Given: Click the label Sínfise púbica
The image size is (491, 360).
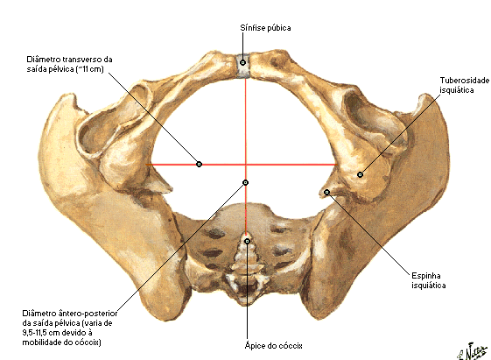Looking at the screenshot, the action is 265,28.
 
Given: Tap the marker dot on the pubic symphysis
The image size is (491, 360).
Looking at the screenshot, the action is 242,63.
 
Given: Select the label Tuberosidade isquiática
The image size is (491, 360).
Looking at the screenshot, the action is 464,85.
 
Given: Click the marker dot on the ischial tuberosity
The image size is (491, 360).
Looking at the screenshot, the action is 360,174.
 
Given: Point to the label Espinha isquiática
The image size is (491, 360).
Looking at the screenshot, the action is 428,280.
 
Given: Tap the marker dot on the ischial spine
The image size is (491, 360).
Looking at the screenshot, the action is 326,192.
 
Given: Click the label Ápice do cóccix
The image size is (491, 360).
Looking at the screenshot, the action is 273,346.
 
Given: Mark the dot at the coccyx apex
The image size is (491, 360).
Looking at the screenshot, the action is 248,241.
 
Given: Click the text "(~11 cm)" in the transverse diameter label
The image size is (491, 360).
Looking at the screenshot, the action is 89,69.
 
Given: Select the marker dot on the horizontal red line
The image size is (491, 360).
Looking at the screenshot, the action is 199,164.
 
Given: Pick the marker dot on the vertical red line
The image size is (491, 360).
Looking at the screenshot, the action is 245,182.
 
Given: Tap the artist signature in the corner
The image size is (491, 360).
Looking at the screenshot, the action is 473,351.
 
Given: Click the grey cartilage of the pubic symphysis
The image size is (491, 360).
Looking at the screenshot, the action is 243,66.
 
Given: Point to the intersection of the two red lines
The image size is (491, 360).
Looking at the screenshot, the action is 246,164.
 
